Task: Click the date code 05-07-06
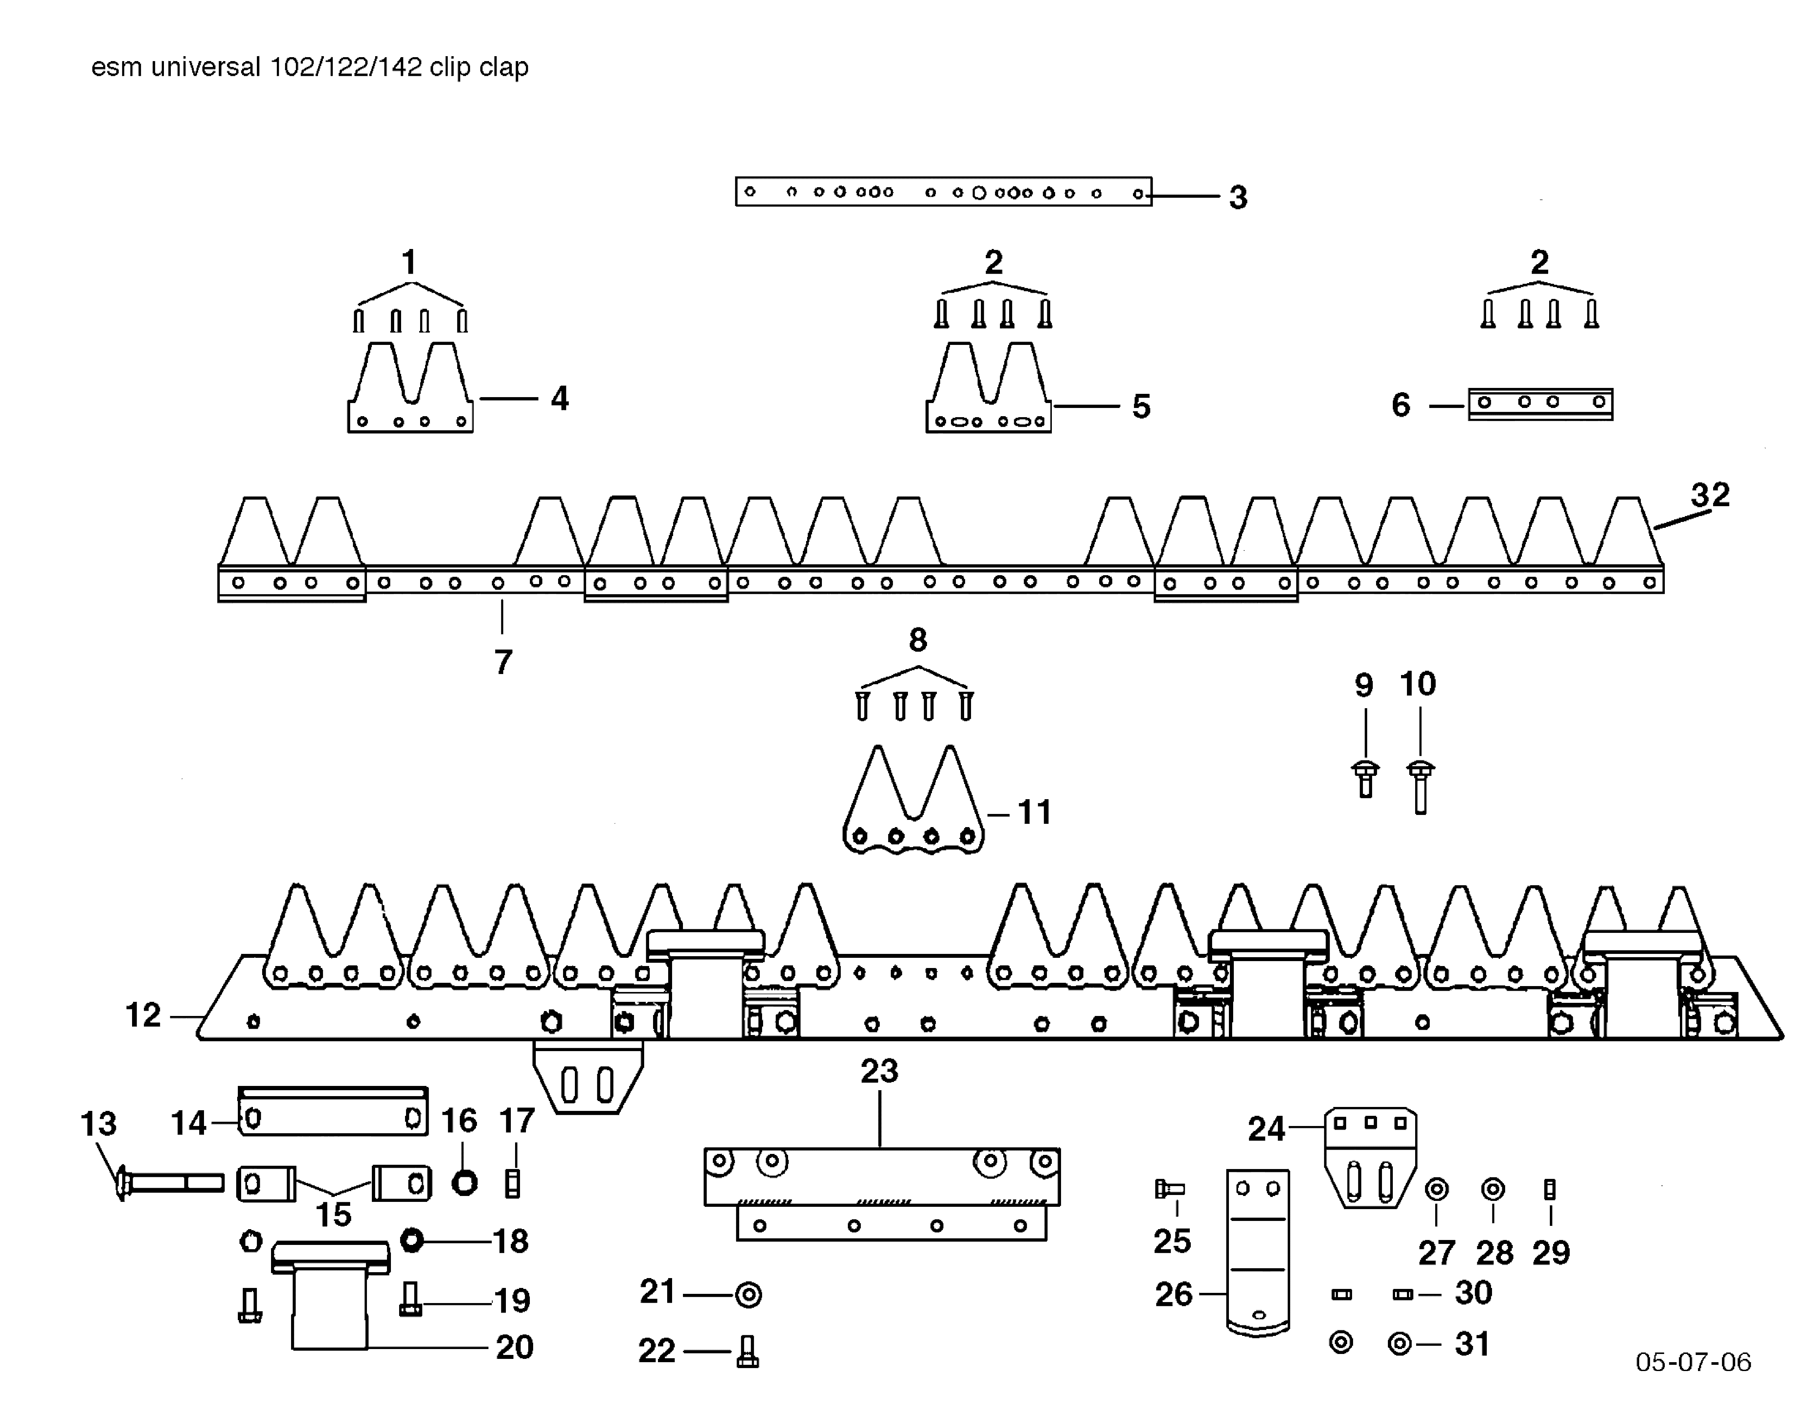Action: tap(1693, 1362)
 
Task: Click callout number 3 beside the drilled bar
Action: tap(1238, 198)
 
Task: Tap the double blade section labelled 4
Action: tap(410, 391)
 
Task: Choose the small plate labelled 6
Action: tap(1540, 404)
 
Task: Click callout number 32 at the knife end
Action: tap(1709, 495)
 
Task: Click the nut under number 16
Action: tap(464, 1182)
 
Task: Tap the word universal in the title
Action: tap(206, 66)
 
